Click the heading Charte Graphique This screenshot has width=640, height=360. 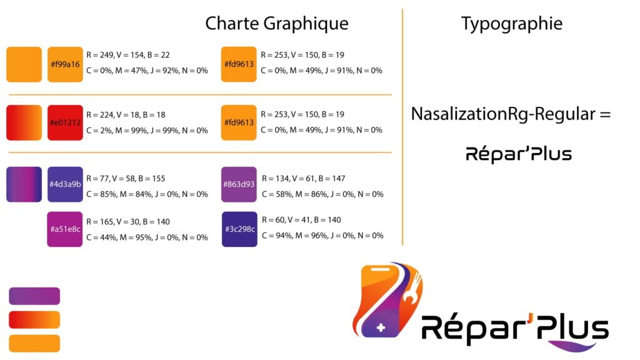click(277, 24)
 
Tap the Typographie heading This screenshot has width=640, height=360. click(512, 24)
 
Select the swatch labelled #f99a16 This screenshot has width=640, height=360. click(65, 64)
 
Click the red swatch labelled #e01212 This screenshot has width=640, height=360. click(65, 123)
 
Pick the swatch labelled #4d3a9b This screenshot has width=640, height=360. click(65, 184)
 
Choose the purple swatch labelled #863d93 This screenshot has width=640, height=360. click(239, 184)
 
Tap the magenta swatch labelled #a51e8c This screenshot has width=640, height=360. click(65, 229)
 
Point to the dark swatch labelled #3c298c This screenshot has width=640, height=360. click(239, 229)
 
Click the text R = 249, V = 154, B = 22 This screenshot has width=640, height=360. click(127, 55)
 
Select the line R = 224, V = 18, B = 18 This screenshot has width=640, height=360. click(126, 115)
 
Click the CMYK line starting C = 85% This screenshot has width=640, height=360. click(147, 194)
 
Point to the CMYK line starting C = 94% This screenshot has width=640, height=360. click(322, 236)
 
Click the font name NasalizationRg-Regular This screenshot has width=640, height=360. click(503, 114)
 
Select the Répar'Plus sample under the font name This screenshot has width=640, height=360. click(519, 154)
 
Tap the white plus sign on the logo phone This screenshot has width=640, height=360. click(381, 327)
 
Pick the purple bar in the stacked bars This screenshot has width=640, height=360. click(34, 296)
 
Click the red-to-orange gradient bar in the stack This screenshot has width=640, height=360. click(34, 319)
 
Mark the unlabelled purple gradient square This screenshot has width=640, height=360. click(24, 184)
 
